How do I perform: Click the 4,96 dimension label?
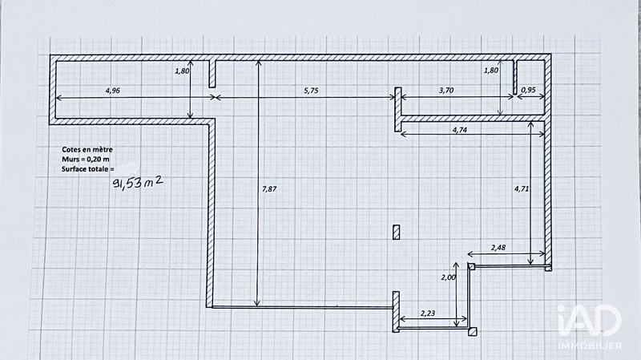coord(112,91)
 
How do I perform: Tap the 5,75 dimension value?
coord(312,91)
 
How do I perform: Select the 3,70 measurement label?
coord(447,91)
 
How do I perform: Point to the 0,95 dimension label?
coord(528,91)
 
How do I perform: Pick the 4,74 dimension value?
coord(461,130)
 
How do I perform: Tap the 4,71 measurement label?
coord(521,189)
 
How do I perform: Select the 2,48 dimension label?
coord(498,247)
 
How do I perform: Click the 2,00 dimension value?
coord(449,277)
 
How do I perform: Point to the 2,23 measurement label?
coord(429,313)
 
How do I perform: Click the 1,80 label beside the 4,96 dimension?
coord(182,71)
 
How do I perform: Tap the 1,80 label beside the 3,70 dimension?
coord(491,71)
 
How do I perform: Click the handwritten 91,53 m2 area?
coord(140,185)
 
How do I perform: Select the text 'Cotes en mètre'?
coord(87,150)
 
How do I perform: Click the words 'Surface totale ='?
coord(88,169)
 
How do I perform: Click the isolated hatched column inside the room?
coord(396,232)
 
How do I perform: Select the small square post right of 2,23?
coord(474,330)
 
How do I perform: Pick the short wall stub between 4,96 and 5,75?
coord(213,73)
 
